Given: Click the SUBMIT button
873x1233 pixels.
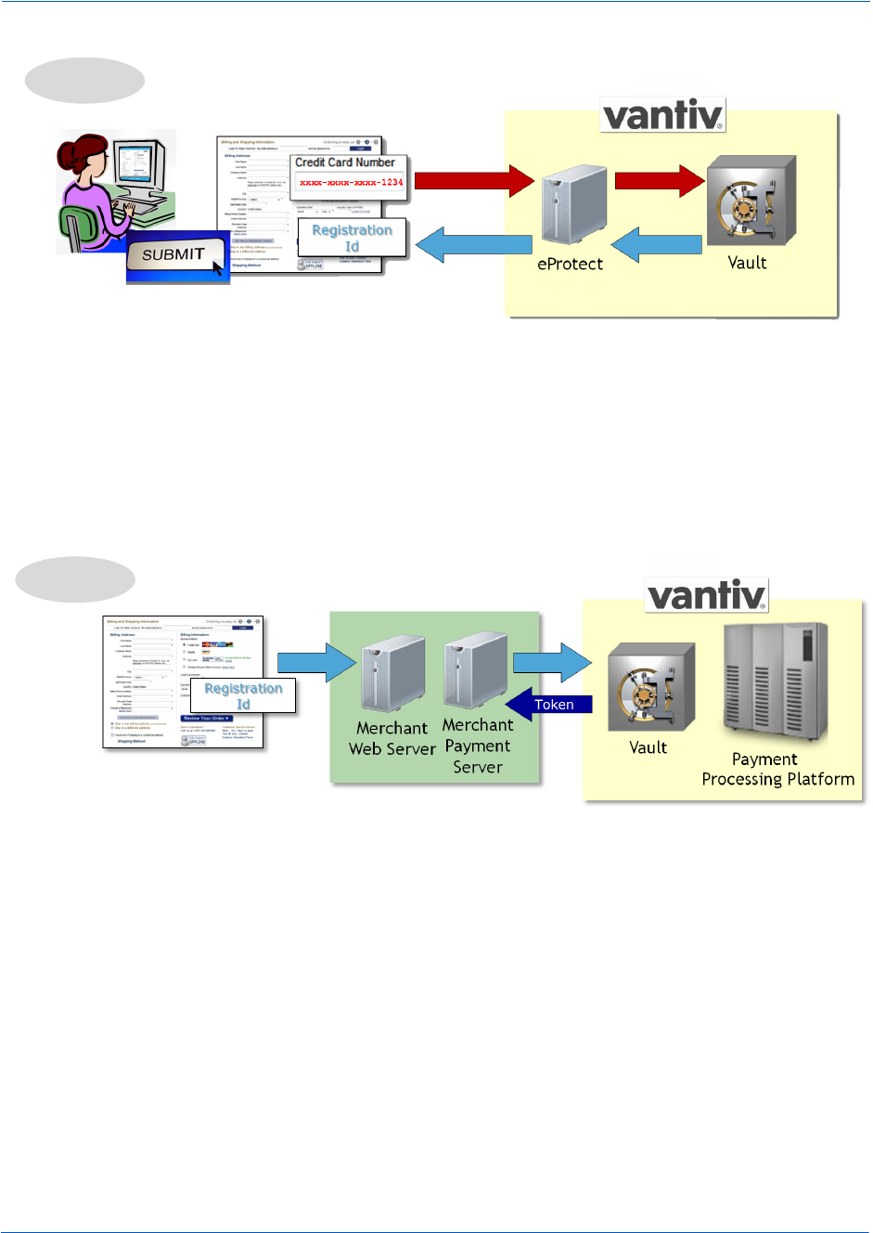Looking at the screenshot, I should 175,254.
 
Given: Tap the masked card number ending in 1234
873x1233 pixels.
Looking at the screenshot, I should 351,183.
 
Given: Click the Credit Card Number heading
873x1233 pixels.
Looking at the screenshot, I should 345,162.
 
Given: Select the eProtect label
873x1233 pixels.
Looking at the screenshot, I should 570,264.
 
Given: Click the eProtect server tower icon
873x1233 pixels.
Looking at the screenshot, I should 573,206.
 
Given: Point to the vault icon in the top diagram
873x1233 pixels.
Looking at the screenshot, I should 751,200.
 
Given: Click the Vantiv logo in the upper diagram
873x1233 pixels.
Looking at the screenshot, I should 662,115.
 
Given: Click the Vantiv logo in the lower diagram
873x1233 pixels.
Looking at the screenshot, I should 707,595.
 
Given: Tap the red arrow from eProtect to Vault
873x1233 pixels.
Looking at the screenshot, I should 660,180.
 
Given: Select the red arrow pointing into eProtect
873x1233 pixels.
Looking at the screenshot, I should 474,180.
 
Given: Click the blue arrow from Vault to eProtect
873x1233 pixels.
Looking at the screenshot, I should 657,245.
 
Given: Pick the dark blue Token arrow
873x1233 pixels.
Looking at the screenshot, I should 549,705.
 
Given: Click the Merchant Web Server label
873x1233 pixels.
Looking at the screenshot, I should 392,739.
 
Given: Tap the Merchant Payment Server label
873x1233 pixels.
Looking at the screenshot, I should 478,746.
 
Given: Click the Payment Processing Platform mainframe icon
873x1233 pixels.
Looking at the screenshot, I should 775,681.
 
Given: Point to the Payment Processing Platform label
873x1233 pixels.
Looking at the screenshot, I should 777,770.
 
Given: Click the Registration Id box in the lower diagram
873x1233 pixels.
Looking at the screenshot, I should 243,695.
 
